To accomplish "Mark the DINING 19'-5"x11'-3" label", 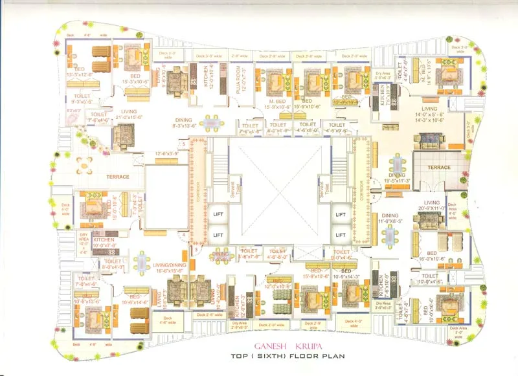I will pos(396,178).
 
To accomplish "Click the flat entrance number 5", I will pos(185,142).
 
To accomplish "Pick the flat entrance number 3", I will pos(196,249).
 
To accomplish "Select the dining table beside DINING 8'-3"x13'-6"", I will pos(212,122).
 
